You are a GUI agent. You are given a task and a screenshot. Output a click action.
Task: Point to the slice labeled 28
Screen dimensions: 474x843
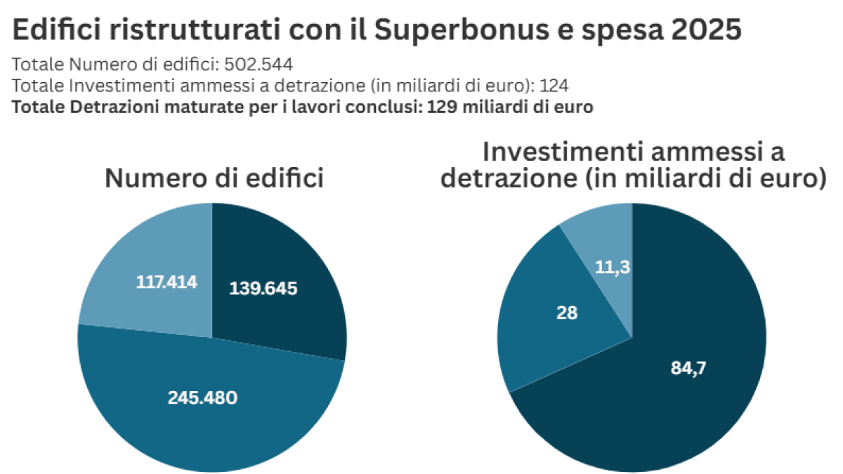pos(555,316)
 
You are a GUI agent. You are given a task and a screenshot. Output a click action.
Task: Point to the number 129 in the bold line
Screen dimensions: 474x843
pos(428,108)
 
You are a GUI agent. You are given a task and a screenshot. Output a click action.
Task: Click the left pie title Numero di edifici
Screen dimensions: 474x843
pos(214,178)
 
